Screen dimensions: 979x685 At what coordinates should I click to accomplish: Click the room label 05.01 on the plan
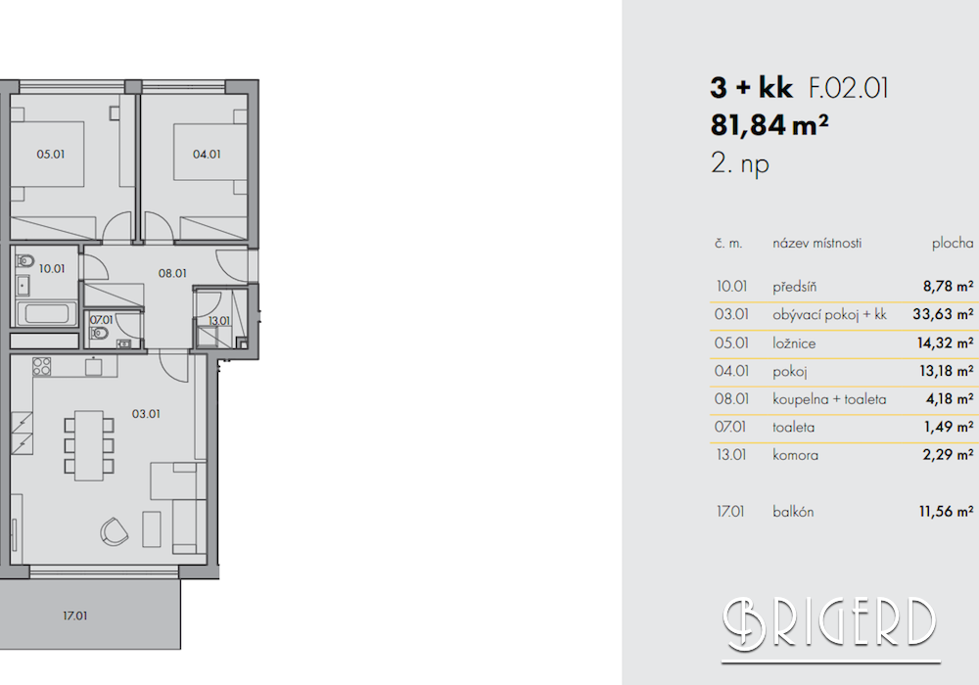pos(51,154)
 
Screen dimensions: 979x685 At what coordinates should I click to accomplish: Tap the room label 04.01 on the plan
pos(207,154)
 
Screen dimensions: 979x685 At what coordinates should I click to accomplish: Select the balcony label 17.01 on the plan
pos(75,616)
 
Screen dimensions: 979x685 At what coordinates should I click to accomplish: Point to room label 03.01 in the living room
pos(146,414)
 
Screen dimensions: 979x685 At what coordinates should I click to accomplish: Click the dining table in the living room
pos(89,445)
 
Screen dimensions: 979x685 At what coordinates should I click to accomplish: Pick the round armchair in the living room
pos(115,531)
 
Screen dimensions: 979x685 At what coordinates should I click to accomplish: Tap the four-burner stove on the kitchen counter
pos(42,366)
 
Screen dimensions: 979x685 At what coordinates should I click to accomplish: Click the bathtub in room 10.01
pos(46,313)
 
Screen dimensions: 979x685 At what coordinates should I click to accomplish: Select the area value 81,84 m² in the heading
pos(769,125)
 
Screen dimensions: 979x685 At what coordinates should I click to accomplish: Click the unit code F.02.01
pos(849,88)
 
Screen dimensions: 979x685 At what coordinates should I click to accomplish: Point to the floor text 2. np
pos(740,164)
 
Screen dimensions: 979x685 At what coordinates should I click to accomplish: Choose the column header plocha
pos(953,244)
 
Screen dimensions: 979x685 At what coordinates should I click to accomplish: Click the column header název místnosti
pos(816,244)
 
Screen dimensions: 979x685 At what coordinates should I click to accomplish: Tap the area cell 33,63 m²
pos(943,314)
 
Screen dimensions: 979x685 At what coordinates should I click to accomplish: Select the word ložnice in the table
pos(794,343)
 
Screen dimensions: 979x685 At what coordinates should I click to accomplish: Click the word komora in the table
pos(795,455)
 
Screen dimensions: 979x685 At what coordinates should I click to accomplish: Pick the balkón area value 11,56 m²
pos(946,512)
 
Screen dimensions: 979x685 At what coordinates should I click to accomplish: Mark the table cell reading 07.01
pos(730,428)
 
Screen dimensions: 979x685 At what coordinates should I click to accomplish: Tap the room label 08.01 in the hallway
pos(172,273)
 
